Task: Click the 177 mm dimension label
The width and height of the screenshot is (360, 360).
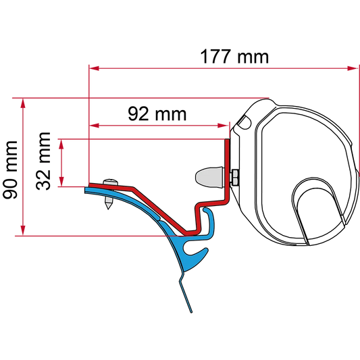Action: click(234, 57)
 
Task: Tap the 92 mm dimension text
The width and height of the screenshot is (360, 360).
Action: click(157, 113)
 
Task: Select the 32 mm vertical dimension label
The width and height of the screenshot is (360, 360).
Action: click(43, 161)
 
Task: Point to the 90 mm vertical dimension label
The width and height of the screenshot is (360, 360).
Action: click(10, 170)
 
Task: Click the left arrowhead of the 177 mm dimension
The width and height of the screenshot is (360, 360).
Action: click(94, 68)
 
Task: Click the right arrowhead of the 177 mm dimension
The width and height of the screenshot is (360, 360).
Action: click(353, 68)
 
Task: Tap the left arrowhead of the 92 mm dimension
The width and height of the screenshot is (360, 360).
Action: click(94, 126)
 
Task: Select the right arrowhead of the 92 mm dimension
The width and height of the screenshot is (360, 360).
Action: click(222, 126)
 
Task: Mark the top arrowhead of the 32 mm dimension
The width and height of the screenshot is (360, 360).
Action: click(61, 145)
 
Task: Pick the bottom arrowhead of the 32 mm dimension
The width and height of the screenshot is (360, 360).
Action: click(61, 182)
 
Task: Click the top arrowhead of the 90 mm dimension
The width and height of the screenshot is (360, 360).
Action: click(23, 103)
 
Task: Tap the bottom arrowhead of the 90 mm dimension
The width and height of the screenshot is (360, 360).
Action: click(23, 230)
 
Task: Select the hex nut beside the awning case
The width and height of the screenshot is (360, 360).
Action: click(235, 177)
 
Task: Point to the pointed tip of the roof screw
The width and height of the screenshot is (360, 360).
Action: click(108, 208)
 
